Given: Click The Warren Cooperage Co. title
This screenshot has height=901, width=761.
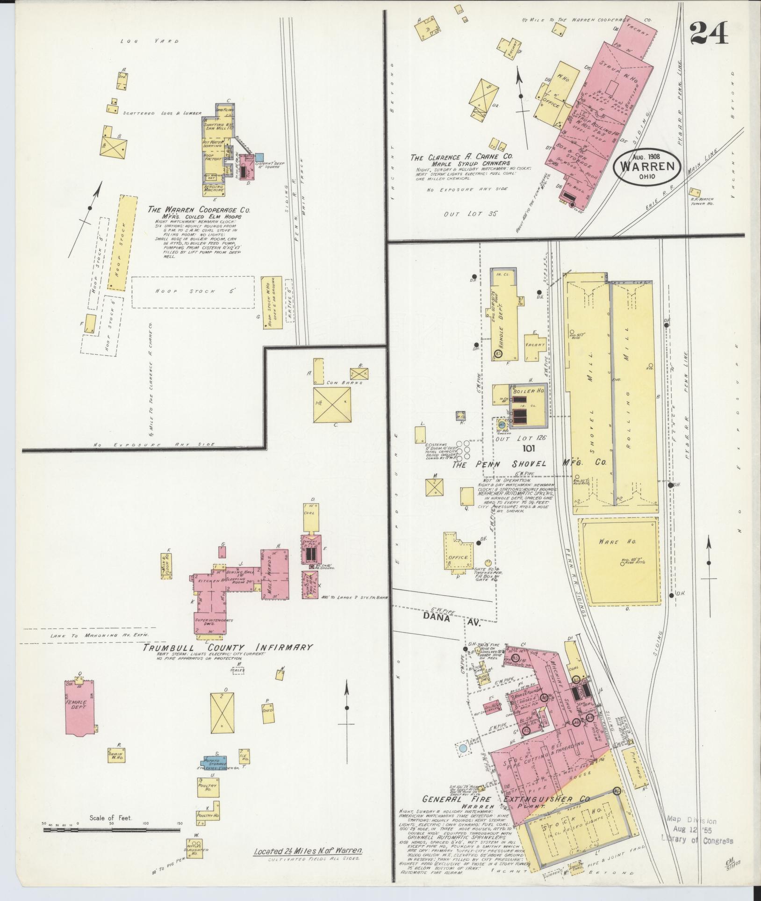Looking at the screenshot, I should tap(199, 210).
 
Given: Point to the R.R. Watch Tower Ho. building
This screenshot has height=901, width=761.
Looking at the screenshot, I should tap(695, 192).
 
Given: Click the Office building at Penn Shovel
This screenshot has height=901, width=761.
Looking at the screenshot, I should tap(458, 553).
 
